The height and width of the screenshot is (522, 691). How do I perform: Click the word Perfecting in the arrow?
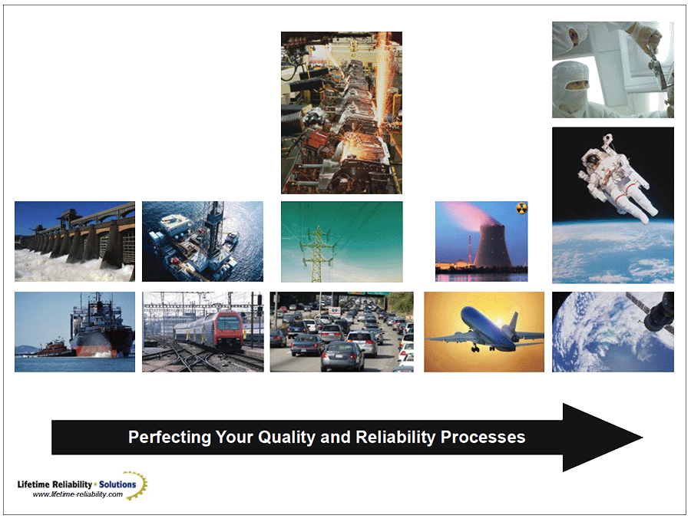[170, 438]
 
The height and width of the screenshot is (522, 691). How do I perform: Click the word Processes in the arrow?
[483, 437]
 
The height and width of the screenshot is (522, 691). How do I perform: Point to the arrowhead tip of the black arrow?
[643, 438]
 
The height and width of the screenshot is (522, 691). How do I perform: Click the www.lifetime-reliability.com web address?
[78, 494]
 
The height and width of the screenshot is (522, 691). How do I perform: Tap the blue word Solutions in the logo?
[117, 484]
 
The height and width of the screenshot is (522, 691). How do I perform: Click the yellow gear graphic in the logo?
[137, 484]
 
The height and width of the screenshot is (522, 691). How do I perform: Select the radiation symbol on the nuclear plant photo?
[522, 208]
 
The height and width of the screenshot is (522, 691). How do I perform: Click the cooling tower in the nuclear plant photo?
[492, 246]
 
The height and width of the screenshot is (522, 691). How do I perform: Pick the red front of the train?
[229, 329]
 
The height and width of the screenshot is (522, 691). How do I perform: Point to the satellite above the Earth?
[654, 312]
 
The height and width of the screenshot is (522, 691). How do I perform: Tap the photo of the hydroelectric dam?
[75, 241]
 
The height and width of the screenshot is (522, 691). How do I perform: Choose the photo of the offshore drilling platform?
[203, 241]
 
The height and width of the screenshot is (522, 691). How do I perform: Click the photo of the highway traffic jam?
[342, 332]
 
